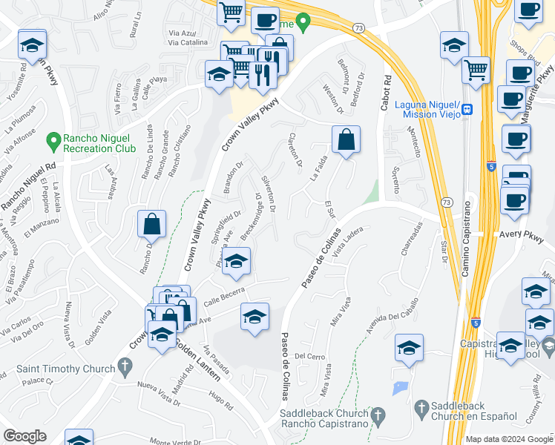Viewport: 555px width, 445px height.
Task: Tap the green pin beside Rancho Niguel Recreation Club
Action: [x=53, y=139]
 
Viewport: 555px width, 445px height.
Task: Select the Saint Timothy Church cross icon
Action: [x=125, y=366]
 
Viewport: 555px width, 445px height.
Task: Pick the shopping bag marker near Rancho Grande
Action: [x=151, y=224]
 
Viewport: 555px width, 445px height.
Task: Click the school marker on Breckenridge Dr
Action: [x=236, y=261]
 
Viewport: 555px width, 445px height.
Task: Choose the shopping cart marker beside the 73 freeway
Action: [x=476, y=70]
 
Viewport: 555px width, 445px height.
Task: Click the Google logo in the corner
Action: [x=24, y=436]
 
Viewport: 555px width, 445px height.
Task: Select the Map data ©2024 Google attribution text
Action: [x=509, y=439]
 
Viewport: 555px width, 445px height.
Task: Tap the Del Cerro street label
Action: [x=310, y=357]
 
